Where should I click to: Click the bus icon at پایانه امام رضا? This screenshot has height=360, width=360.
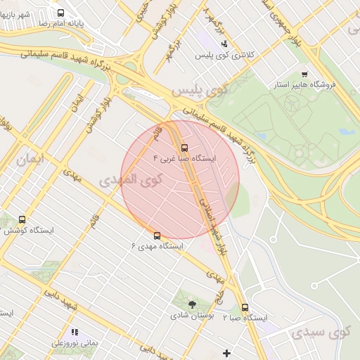tap(60, 13)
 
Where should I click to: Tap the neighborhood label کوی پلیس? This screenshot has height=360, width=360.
tap(200, 90)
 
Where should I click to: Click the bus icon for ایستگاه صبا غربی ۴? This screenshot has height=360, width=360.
tap(185, 148)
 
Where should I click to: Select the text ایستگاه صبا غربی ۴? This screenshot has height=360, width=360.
tap(185, 159)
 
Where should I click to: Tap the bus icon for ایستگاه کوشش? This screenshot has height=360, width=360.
tap(22, 220)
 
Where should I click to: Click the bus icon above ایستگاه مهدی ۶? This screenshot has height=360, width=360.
tap(157, 236)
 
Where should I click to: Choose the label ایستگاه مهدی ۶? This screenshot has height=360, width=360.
tap(157, 247)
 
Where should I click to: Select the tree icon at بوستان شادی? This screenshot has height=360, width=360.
tap(193, 304)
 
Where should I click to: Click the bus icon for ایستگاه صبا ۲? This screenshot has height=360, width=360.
tap(245, 307)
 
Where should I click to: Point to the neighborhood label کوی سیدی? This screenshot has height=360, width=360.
tap(321, 332)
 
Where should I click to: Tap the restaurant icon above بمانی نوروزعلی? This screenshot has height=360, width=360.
tap(74, 332)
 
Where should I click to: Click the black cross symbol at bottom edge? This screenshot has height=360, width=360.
tap(226, 353)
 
